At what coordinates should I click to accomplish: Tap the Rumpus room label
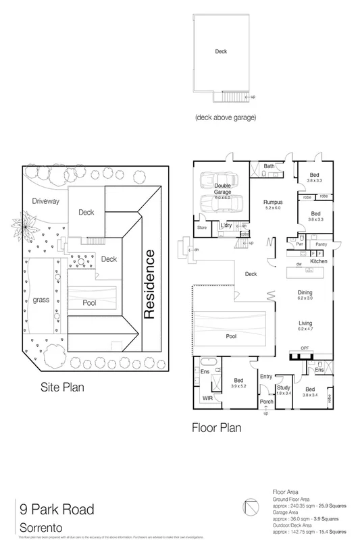pos(272,202)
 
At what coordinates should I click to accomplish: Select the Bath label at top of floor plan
pos(268,165)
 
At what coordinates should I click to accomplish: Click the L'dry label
pos(226,225)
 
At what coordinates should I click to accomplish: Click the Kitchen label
pos(318,261)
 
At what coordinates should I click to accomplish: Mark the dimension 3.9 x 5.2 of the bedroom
pos(238,386)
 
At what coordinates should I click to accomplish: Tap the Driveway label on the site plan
pos(46,201)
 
